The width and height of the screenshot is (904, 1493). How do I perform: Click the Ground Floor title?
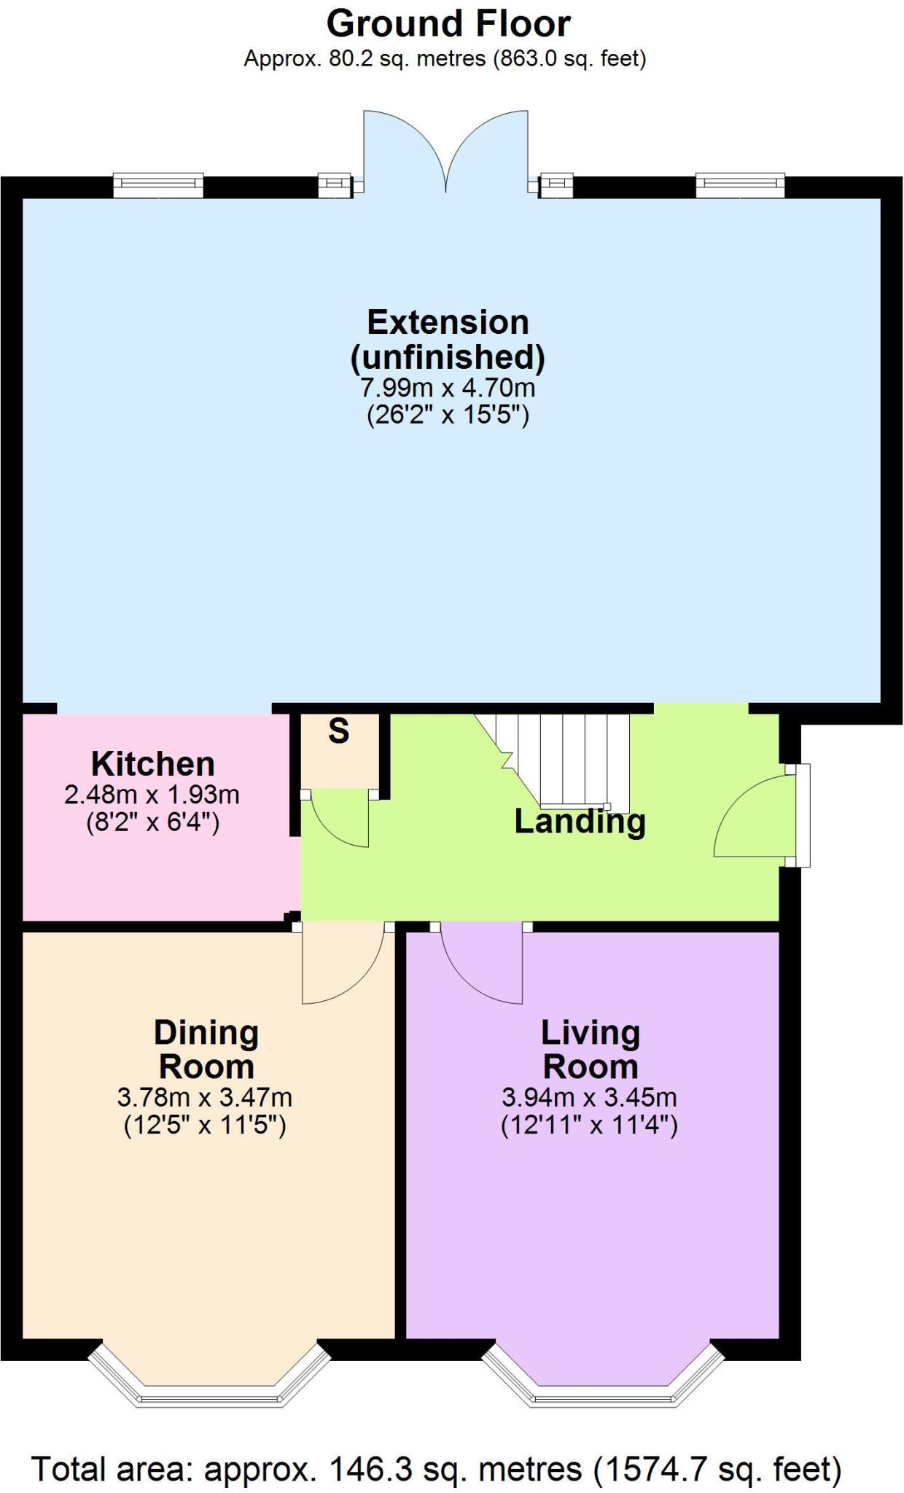pos(448,24)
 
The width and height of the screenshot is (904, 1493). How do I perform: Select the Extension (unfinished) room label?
pos(448,339)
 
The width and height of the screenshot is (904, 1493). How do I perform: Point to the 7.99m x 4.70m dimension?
pos(448,386)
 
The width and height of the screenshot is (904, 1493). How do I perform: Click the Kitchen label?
pos(153,764)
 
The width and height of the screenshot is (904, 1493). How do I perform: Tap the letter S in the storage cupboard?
pos(339,730)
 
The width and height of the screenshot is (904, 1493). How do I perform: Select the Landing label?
pos(580,822)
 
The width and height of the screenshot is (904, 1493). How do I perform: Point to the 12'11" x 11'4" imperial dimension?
pos(589,1126)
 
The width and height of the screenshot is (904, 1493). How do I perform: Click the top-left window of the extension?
pos(158,185)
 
